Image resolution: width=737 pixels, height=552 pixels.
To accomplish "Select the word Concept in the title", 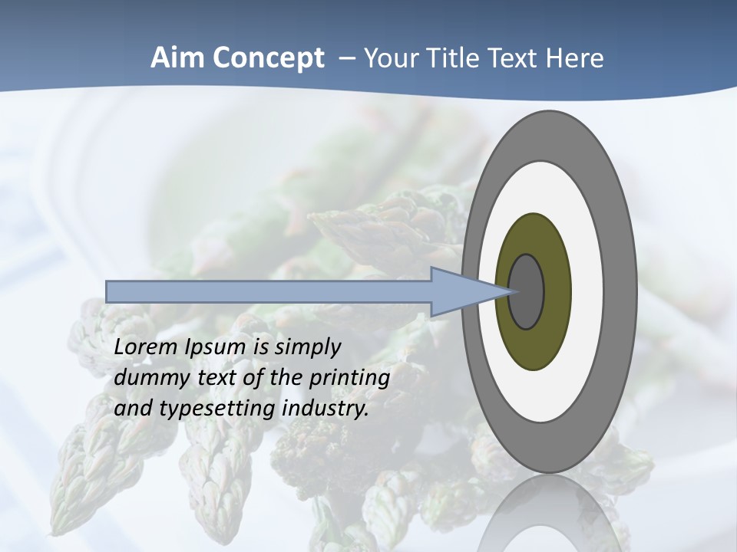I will point(267,58).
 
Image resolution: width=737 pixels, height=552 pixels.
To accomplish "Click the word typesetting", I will point(218,409).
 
